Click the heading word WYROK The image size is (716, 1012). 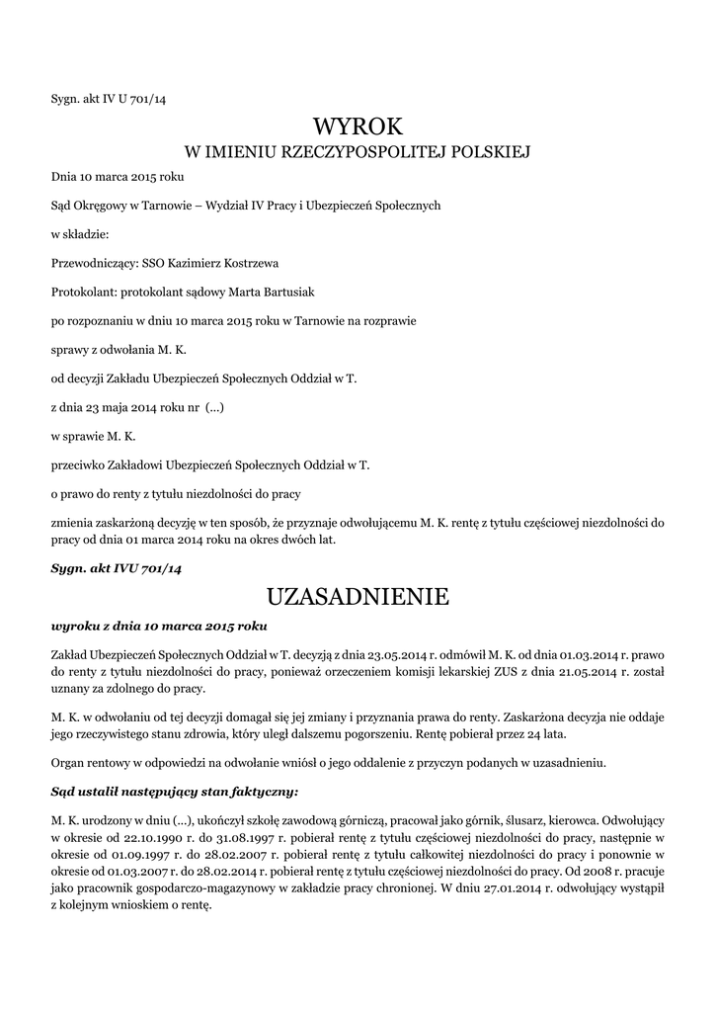point(358,126)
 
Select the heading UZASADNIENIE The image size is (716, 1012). point(358,597)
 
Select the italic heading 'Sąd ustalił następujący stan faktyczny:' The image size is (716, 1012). point(174,792)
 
